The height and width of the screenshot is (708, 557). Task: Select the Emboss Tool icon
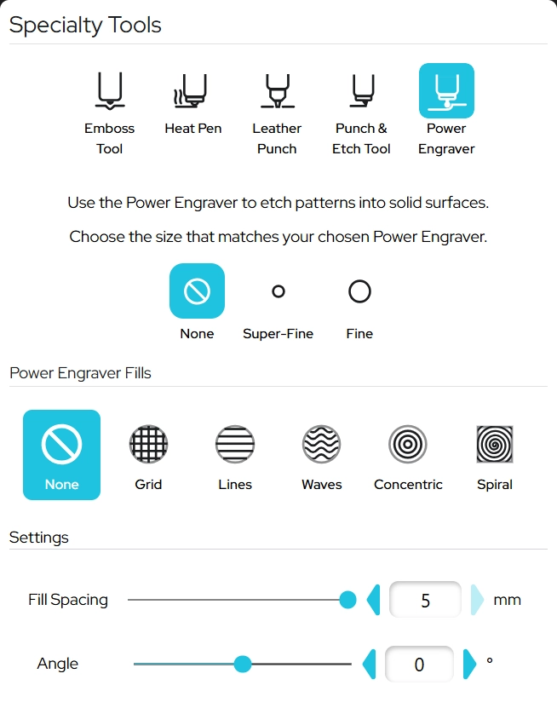(110, 90)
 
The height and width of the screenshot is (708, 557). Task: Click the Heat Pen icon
(191, 90)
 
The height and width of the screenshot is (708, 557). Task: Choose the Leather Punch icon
(277, 90)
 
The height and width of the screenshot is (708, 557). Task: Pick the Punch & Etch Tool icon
(362, 90)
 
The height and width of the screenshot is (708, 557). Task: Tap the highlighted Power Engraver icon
(446, 91)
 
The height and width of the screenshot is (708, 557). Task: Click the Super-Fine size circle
(278, 291)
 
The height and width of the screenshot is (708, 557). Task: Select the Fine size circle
(359, 291)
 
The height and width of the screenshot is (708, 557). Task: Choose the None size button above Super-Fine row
(197, 291)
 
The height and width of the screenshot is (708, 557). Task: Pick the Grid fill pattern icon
(148, 444)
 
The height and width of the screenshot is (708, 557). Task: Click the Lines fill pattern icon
(235, 444)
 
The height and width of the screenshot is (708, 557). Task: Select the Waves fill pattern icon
(321, 444)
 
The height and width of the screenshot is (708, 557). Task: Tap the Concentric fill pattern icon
(408, 444)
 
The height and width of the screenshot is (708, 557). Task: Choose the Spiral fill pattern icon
(495, 444)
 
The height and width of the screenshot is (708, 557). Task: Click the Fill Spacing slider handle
(347, 600)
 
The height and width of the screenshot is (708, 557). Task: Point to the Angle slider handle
(243, 664)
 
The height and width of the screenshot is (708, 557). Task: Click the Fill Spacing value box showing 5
(425, 600)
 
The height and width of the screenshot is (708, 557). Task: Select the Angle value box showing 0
(419, 664)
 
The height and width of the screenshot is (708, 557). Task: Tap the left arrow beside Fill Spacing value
(374, 600)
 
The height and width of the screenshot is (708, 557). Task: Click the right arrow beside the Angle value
(469, 664)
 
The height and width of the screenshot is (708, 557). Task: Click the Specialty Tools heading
(85, 25)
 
